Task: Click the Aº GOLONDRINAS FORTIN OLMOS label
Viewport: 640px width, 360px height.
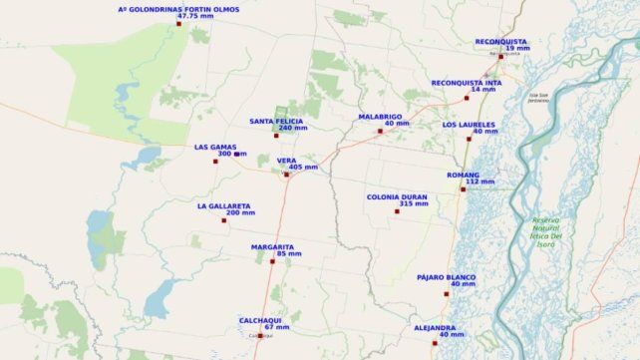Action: pos(178,9)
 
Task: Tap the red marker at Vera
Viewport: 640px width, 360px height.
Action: pos(286,175)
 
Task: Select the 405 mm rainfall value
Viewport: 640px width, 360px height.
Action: pos(303,168)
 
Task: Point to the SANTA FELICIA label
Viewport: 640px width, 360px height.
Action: pos(278,121)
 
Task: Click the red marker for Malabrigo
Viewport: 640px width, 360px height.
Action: pos(380,131)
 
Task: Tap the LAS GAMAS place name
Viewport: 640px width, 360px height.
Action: pos(215,147)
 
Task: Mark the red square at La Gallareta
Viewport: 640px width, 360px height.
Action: pos(224,220)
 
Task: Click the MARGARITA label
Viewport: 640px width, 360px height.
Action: pos(272,246)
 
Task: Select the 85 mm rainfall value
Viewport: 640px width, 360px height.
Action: pos(288,254)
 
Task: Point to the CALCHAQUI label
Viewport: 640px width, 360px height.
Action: pos(260,319)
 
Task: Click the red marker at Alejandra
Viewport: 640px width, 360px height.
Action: pos(435,343)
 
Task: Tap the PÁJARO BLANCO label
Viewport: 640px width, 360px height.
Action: pos(446,276)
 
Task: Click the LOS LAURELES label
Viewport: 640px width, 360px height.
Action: pos(470,125)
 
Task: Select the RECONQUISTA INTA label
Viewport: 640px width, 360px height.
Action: pos(467,83)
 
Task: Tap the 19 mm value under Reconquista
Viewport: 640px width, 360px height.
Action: pos(517,49)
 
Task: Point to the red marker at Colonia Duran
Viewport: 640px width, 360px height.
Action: pos(397,211)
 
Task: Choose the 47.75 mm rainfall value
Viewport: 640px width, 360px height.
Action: pos(194,16)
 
